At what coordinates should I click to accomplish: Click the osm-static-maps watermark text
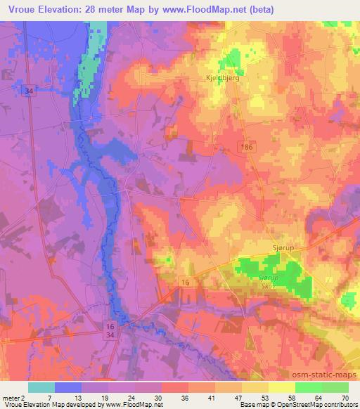pyautogui.click(x=320, y=376)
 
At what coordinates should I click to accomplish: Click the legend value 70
pyautogui.click(x=345, y=397)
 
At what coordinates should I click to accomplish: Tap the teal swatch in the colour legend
pyautogui.click(x=41, y=387)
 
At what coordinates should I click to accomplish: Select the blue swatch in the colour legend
pyautogui.click(x=68, y=387)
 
